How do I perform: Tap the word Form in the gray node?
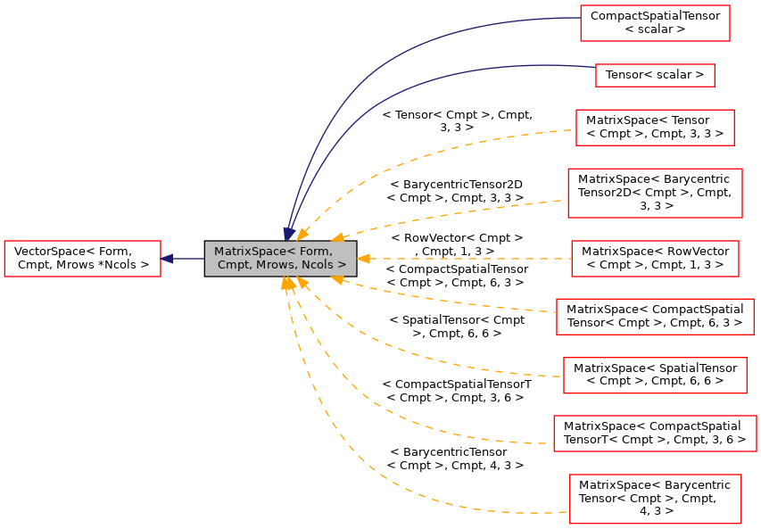(316, 252)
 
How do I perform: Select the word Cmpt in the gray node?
(234, 265)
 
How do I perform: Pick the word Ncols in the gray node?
(316, 265)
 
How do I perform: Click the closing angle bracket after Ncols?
(343, 265)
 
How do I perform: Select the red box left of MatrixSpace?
(82, 259)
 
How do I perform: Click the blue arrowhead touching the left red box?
(167, 259)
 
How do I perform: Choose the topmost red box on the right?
(655, 23)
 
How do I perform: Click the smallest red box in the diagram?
(655, 75)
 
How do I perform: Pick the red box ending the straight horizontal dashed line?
(655, 259)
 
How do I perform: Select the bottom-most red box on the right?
(655, 499)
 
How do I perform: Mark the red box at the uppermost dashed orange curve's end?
(655, 128)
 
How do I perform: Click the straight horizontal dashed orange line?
(464, 259)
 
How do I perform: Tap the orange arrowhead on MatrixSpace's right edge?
(363, 259)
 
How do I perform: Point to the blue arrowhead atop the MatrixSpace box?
(289, 233)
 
